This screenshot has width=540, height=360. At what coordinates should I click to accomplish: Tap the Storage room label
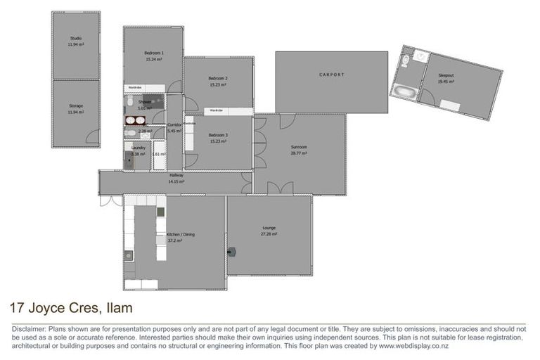pos(76,106)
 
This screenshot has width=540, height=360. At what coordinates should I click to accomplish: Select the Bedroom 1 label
pos(154,53)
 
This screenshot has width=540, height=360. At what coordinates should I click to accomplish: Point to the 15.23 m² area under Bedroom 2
pos(218,84)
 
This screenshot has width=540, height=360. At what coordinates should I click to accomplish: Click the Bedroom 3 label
pos(218,135)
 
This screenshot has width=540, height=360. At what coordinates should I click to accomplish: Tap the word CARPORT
pos(330,74)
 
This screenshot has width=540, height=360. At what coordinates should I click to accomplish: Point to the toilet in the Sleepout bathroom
pos(406,63)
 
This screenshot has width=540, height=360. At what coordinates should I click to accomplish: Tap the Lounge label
pos(269,227)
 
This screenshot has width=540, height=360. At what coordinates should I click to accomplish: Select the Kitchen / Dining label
pos(174,234)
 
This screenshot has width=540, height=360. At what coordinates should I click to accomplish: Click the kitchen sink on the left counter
pos(128,255)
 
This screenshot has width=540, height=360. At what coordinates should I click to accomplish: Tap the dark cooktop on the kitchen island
pos(161,211)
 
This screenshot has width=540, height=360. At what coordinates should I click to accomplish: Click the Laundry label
pos(139,148)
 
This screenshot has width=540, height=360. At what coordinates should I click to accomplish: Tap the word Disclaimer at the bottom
pos(27,329)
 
